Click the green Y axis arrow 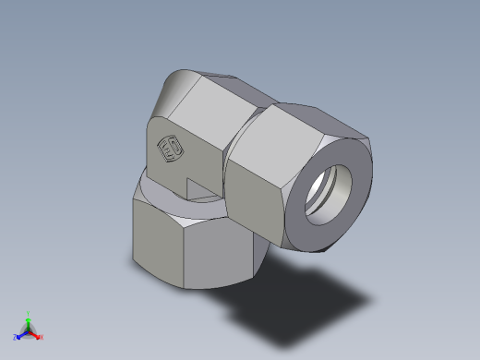click(28, 320)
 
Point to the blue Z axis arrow click(21, 335)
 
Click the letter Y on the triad click(29, 313)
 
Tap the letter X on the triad click(42, 337)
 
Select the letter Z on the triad click(15, 338)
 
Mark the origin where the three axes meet click(28, 331)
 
